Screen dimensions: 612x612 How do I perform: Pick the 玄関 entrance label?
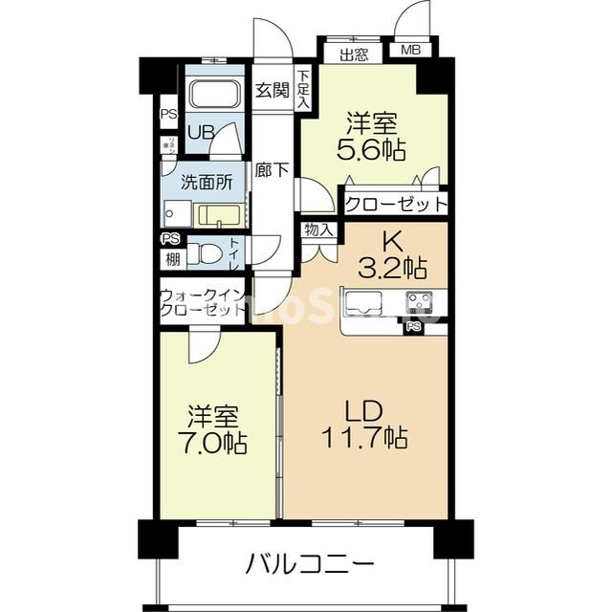272,91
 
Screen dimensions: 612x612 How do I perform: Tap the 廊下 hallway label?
272,171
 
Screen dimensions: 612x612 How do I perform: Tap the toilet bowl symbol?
203,252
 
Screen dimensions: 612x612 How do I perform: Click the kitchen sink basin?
362,306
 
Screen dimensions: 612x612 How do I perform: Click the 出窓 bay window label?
354,54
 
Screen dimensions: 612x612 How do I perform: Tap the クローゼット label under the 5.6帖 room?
395,204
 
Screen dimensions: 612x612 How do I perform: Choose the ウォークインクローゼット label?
203,303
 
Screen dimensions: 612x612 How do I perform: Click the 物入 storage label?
318,229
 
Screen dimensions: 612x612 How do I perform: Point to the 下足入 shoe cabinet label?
303,88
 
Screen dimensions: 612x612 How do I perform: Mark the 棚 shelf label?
171,258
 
